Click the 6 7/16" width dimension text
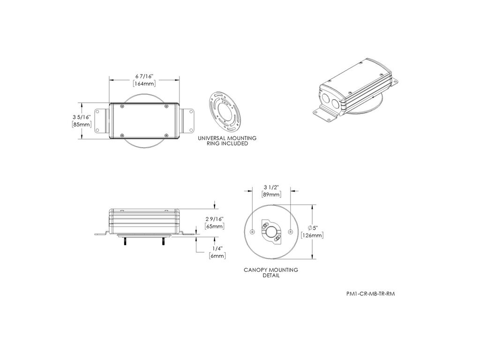click(144, 76)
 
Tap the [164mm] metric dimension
click(144, 83)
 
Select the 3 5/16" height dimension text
click(82, 117)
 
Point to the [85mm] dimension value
click(82, 125)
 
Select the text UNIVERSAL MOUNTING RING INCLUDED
click(227, 141)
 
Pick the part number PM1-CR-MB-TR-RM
click(370, 294)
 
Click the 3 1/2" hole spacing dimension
click(271, 187)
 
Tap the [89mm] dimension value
click(271, 195)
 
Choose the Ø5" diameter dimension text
click(313, 228)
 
